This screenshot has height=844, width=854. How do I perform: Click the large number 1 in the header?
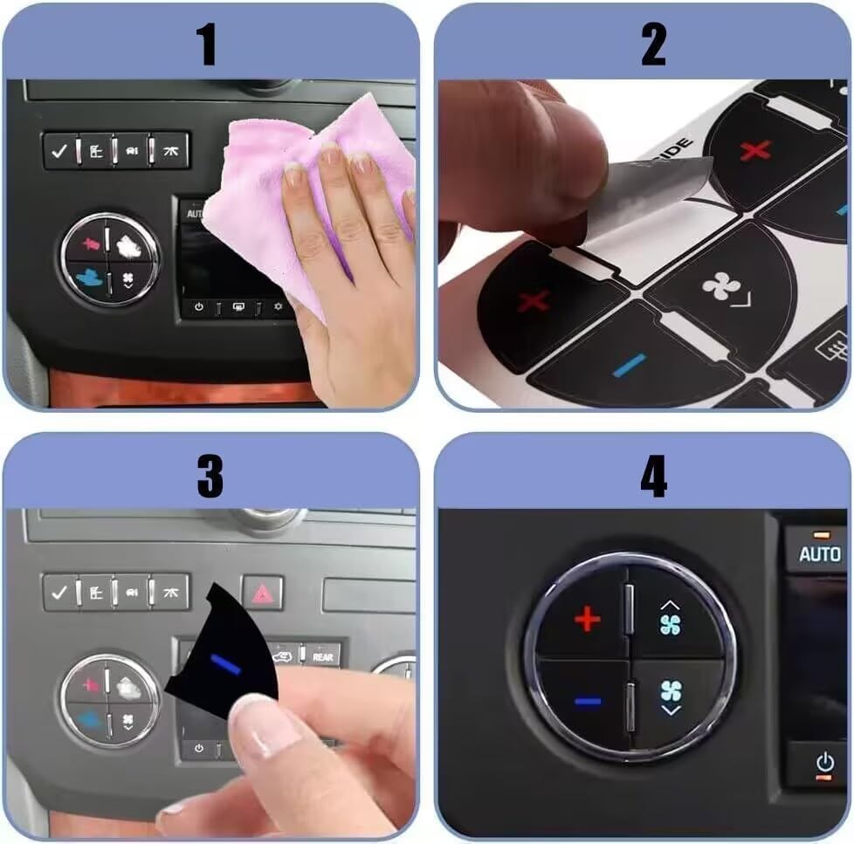tap(207, 45)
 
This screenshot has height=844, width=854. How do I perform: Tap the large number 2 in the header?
tap(653, 45)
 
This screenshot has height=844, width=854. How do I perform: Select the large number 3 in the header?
tap(210, 476)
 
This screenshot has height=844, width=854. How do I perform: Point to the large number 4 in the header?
tap(653, 476)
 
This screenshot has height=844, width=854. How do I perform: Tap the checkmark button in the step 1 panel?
tap(59, 151)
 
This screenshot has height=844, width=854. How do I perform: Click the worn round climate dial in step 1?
tap(109, 259)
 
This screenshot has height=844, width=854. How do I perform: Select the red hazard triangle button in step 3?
tap(262, 593)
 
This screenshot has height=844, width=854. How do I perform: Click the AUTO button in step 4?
tap(819, 554)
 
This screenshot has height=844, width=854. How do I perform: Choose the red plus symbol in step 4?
tap(587, 621)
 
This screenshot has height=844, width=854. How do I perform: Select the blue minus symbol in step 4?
tap(588, 701)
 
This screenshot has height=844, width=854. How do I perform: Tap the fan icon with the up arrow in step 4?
tap(670, 621)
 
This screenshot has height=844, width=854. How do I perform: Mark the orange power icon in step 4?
tap(824, 763)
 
